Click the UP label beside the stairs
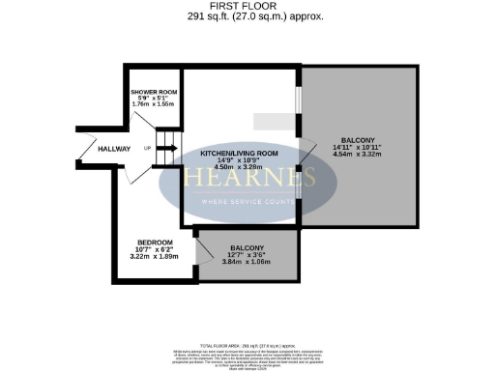147,149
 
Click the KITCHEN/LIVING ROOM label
240,154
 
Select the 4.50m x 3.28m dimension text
240,167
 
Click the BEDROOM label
155,242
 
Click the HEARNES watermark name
247,180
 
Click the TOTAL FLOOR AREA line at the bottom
247,345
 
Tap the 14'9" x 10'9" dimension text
240,160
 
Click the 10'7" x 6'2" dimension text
155,249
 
